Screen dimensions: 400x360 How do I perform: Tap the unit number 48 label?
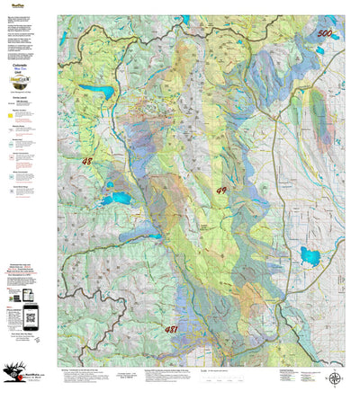click(x=86, y=162)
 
